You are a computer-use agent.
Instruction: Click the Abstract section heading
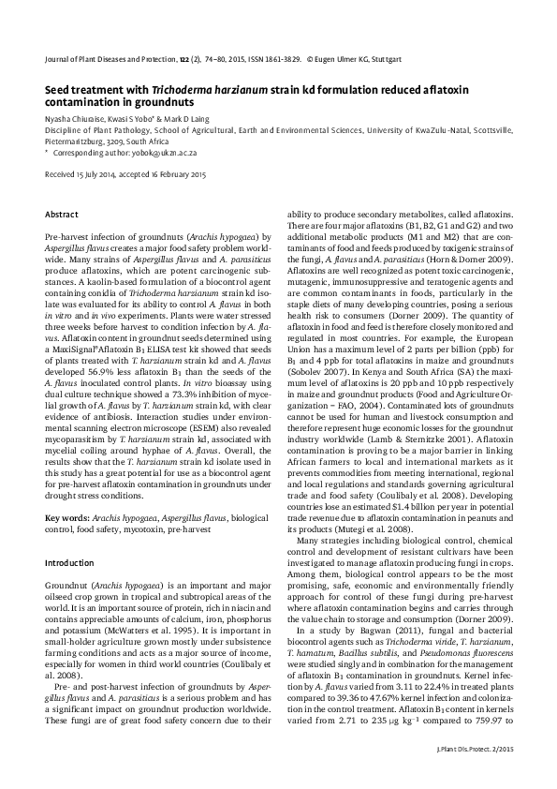tap(62, 215)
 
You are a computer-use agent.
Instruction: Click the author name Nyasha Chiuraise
tap(75, 121)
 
